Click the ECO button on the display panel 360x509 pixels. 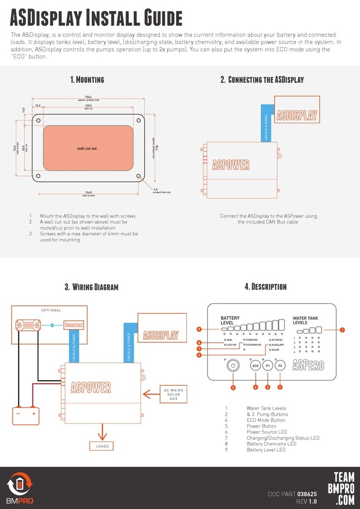255,366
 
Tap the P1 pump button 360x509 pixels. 268,366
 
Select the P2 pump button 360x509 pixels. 280,366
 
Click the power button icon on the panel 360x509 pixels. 232,366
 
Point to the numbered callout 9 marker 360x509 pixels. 199,329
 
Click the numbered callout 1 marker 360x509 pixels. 342,330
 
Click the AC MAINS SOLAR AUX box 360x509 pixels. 172,394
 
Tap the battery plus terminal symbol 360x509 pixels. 33,413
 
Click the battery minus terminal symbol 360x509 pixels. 18,413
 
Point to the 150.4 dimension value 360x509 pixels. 88,97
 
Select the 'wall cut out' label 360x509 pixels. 87,148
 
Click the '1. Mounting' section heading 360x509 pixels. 87,80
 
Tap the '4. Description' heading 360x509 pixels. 266,287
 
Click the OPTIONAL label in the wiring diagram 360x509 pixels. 51,310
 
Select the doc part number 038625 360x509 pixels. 307,494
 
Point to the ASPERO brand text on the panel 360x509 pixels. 308,366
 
